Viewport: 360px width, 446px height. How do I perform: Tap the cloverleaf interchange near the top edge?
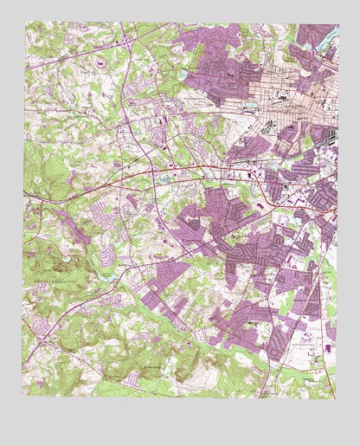point(127,40)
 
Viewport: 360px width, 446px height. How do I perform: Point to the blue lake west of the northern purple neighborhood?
point(183,76)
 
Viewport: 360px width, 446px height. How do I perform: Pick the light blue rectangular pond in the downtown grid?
point(251,106)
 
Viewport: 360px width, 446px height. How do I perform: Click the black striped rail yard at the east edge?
point(329,134)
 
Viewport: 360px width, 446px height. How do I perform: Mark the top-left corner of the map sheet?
point(24,23)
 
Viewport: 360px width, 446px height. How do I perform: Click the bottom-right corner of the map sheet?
point(337,397)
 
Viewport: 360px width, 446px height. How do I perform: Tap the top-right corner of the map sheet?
point(337,23)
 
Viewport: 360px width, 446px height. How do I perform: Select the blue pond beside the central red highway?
point(161,178)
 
